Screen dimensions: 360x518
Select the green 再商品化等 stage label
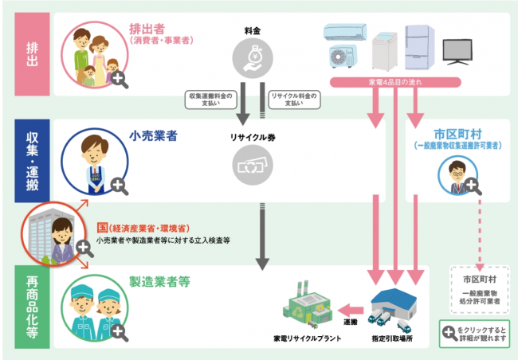31,307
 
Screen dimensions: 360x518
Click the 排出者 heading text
147,29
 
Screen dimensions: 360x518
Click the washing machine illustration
385,49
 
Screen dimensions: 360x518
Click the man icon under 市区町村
457,178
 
